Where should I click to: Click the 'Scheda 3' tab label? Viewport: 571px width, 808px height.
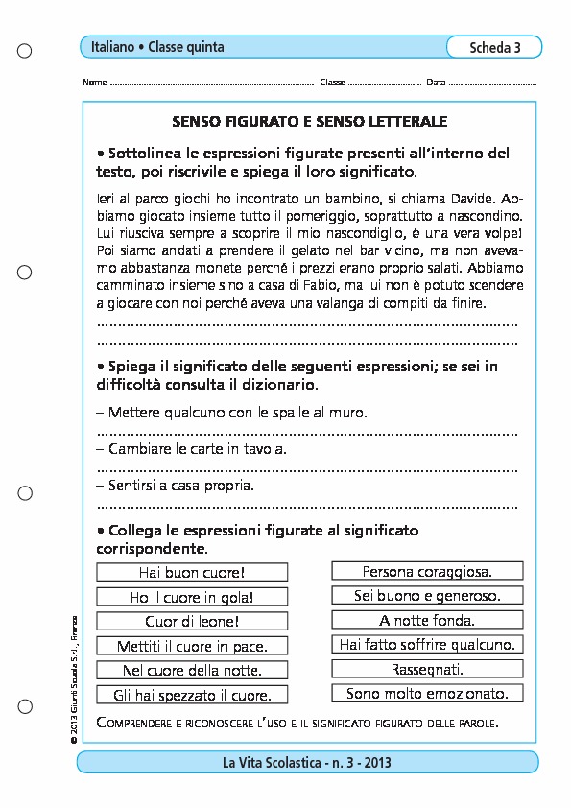pyautogui.click(x=495, y=48)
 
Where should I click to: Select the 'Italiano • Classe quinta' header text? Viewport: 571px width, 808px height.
pyautogui.click(x=157, y=47)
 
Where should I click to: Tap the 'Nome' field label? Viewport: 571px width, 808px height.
pyautogui.click(x=95, y=83)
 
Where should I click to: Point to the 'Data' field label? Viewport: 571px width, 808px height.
pyautogui.click(x=436, y=83)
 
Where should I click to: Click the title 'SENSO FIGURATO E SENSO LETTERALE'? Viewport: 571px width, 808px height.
pyautogui.click(x=309, y=123)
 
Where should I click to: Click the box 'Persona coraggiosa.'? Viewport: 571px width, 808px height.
pyautogui.click(x=427, y=572)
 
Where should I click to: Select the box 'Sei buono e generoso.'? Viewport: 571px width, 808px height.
pyautogui.click(x=427, y=596)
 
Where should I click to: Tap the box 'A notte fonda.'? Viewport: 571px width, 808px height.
pyautogui.click(x=427, y=620)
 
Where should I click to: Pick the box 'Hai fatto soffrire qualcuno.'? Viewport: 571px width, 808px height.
pyautogui.click(x=427, y=644)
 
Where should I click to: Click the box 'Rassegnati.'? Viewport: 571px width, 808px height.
pyautogui.click(x=427, y=668)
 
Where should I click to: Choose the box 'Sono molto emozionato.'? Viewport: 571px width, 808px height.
pyautogui.click(x=427, y=693)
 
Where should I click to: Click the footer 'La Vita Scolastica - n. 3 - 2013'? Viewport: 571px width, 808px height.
pyautogui.click(x=307, y=763)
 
